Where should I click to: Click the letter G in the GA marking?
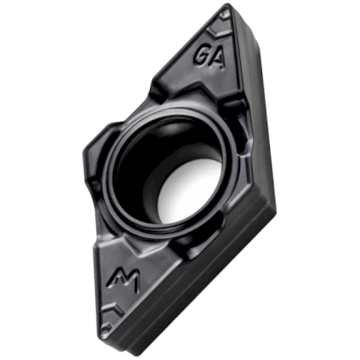(203, 52)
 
